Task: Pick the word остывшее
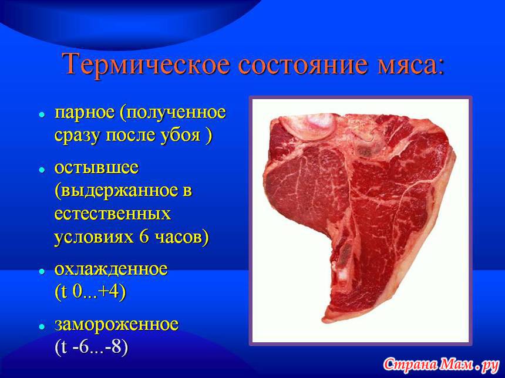[97, 168]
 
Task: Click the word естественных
[112, 214]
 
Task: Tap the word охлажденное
[111, 269]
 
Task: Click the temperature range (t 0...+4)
[90, 292]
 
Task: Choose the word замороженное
[117, 325]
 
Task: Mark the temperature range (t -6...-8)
[92, 347]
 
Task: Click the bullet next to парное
[42, 115]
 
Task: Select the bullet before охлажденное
[42, 271]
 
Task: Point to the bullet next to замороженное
[42, 326]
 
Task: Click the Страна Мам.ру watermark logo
[441, 365]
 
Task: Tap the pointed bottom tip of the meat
[323, 321]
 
